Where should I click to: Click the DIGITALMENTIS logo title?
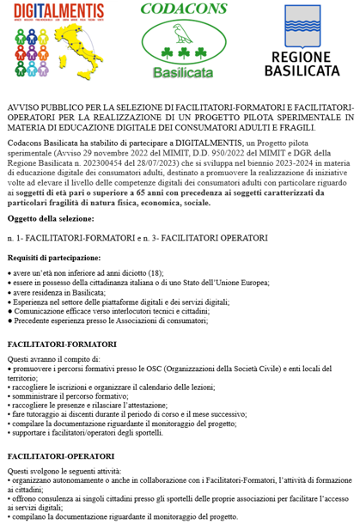(55, 11)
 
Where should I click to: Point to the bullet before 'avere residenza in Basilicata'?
(9, 292)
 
